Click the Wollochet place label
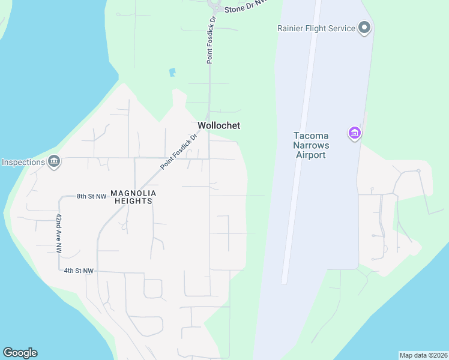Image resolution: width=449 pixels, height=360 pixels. coord(218,125)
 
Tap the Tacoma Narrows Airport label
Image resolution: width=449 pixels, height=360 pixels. coord(310,145)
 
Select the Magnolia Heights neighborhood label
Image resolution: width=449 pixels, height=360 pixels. coord(133,197)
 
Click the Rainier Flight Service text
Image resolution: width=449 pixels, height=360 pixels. coord(316,28)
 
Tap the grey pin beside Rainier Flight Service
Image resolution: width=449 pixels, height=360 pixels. coord(364,28)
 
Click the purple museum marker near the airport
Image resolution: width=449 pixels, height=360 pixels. coord(354,133)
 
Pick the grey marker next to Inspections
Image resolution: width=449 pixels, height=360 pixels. coord(54,161)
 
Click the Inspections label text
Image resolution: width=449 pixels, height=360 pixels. coord(23,162)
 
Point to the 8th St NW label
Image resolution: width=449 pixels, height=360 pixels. coord(91,196)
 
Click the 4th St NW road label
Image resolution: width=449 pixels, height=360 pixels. coord(79,271)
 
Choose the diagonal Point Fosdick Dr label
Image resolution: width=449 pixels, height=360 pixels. coord(178,153)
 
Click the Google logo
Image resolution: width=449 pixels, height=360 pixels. coord(20,353)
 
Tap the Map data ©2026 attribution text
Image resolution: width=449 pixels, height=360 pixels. coord(423,355)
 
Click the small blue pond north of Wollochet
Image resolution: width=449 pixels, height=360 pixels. coord(173,73)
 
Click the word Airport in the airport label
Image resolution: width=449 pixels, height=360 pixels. coord(310,155)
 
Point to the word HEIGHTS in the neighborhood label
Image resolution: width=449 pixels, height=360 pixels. coord(133,201)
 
